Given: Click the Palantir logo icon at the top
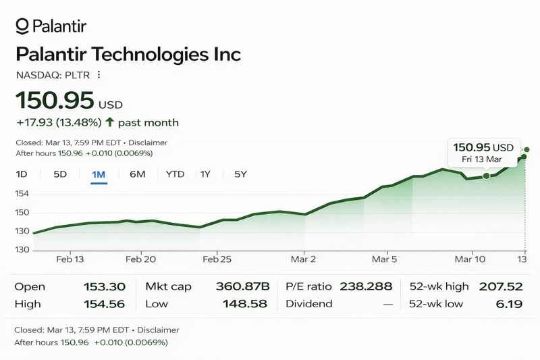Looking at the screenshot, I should (x=22, y=26).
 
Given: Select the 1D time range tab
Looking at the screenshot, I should (x=22, y=174).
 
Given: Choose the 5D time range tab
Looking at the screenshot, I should (x=60, y=174).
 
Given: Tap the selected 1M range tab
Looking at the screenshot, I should (x=99, y=174).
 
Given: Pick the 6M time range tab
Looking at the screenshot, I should (x=137, y=174).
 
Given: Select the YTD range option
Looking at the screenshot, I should (x=175, y=174).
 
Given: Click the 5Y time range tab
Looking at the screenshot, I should (x=240, y=174).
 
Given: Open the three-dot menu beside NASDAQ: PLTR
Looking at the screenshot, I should (x=99, y=75).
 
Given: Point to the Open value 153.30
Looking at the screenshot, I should (x=104, y=287).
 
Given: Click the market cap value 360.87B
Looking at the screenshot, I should (x=242, y=287).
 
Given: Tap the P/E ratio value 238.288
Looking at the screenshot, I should (x=366, y=287).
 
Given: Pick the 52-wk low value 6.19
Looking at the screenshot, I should (x=509, y=304).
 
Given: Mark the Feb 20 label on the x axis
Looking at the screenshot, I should (x=141, y=259).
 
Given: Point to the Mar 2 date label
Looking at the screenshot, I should (x=303, y=259).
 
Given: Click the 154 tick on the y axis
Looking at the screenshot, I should (x=23, y=194).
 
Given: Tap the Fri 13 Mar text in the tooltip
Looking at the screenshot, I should (x=481, y=159).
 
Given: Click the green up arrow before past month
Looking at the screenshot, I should (x=111, y=122).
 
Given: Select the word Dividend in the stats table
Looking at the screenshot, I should (x=309, y=304).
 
